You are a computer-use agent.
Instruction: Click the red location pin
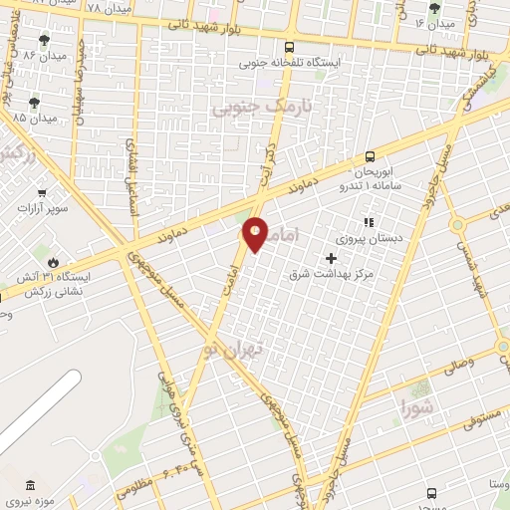point(256,235)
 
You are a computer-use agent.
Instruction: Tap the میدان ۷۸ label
point(107,9)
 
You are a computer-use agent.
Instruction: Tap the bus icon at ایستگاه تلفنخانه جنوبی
point(289,46)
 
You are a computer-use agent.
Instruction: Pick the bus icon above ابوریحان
point(370,155)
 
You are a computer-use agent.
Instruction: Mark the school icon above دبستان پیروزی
point(368,223)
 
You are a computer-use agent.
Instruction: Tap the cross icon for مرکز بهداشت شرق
point(332,258)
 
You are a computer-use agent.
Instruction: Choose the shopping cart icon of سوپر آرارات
point(42,193)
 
